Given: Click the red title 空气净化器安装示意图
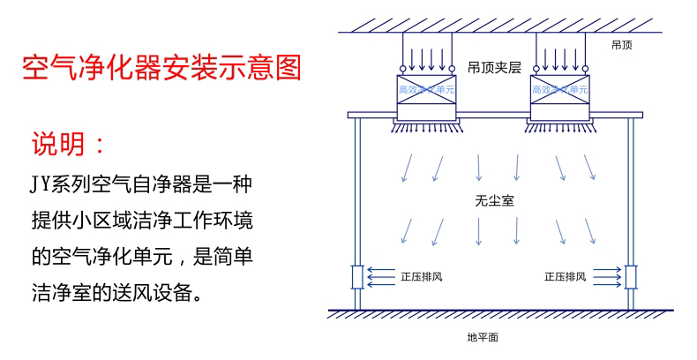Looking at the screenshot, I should [x=161, y=67].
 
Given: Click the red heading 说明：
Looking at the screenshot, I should [x=71, y=143].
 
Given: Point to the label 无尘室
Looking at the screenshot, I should [x=494, y=201].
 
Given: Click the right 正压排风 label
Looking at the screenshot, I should [x=566, y=276].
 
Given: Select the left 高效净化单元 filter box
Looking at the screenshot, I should [x=426, y=97].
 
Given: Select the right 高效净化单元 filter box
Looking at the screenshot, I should [x=559, y=97].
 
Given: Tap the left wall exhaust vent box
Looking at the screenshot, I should [x=357, y=276].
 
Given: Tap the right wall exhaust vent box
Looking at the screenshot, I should [x=630, y=276].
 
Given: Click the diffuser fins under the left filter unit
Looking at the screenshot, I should [x=426, y=127].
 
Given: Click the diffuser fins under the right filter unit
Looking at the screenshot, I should [x=559, y=127].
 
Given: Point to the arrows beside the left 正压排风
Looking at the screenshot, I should [x=381, y=276].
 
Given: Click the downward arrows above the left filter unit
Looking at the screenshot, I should [x=426, y=57].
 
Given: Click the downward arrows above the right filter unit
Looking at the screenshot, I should [x=559, y=57].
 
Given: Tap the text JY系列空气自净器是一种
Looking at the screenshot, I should [x=141, y=184].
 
